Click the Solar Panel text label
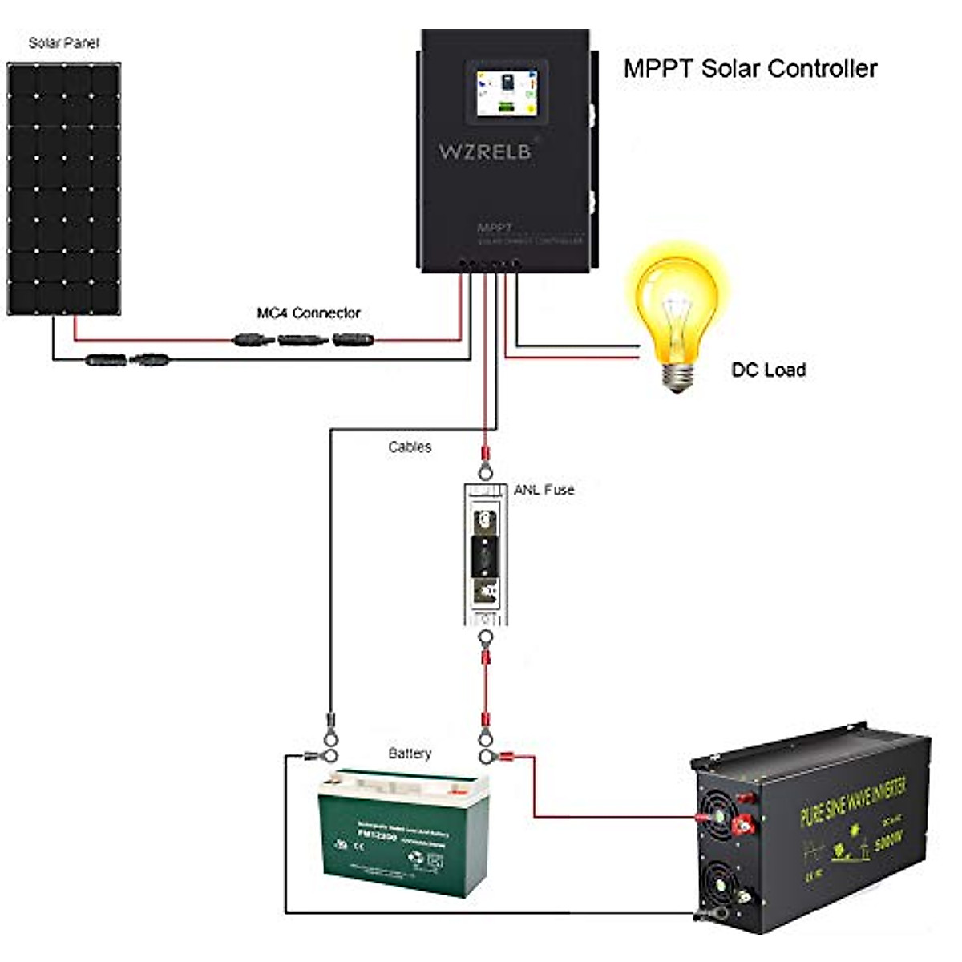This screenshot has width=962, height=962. point(63,42)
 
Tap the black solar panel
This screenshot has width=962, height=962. point(64,188)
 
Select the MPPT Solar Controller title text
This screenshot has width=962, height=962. point(750,68)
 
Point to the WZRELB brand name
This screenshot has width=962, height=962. point(485,151)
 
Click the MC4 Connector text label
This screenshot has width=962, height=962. point(309,313)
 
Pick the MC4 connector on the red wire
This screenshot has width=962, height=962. point(305,341)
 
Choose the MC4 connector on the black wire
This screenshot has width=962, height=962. point(127,360)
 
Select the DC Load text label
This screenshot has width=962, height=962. point(768,370)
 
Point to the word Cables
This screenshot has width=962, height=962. point(410,447)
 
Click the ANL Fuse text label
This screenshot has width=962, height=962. point(544,489)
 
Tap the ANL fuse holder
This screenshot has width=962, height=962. point(485,554)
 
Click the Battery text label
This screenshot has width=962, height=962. point(410,754)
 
